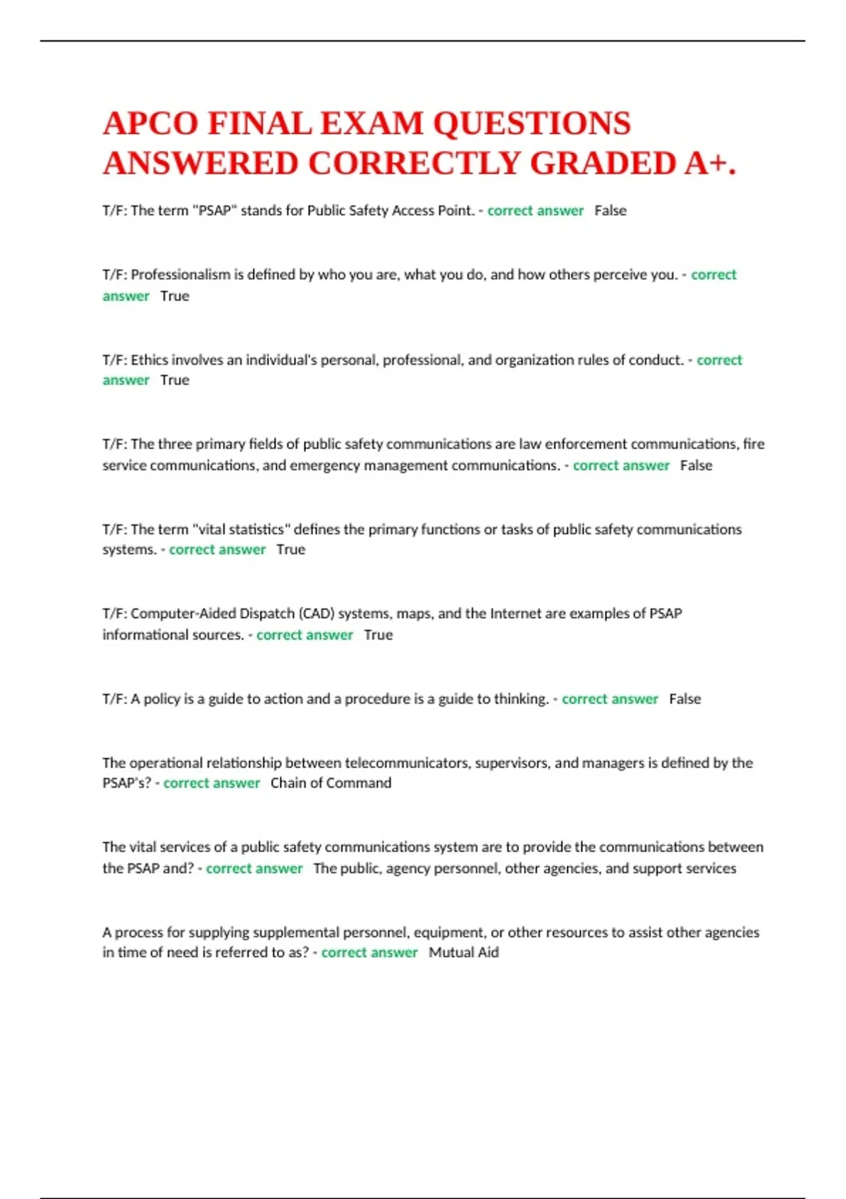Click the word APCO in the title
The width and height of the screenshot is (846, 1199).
click(150, 123)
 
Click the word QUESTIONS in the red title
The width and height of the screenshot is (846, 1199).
click(532, 123)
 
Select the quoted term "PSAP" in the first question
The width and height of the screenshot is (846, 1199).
click(214, 210)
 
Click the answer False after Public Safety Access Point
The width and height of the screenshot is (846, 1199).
click(610, 210)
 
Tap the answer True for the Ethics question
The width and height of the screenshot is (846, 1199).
click(175, 380)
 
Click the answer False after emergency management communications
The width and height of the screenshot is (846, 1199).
click(696, 465)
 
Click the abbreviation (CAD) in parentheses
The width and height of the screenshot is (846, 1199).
click(317, 614)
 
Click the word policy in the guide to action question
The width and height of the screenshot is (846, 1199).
click(162, 699)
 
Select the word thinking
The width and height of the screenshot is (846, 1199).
click(521, 699)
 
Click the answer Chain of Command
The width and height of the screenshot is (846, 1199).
click(331, 783)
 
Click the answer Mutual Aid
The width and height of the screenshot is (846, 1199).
click(463, 952)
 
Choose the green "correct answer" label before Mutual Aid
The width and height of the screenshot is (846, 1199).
click(369, 952)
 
